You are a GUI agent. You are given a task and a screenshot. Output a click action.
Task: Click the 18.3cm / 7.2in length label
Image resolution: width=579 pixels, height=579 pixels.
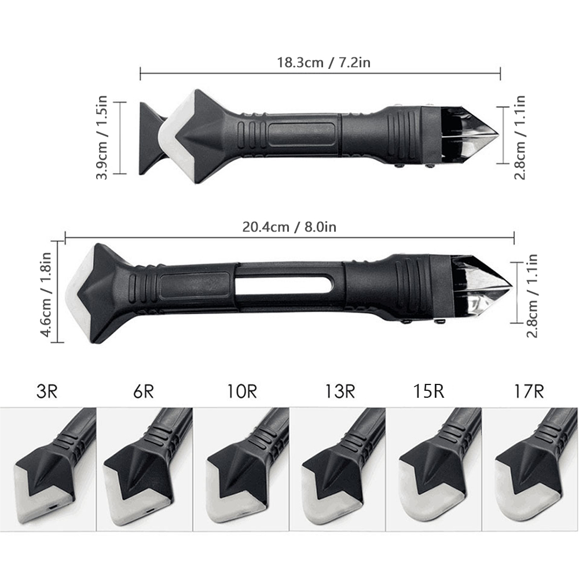[x=324, y=63]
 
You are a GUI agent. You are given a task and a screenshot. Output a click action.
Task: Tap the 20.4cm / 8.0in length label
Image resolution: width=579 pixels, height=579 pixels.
[x=289, y=227]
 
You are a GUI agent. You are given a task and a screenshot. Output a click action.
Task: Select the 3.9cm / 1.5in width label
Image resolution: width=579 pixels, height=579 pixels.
[x=101, y=137]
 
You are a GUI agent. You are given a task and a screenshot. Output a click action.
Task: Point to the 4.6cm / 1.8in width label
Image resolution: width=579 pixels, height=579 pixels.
[x=46, y=294]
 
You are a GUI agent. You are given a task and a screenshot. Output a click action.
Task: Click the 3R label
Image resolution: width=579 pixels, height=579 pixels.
[x=47, y=391]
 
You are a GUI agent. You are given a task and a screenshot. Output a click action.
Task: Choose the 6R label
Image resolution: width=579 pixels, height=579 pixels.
[x=143, y=391]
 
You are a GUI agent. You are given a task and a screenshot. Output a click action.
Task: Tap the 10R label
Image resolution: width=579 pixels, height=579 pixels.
[x=241, y=391]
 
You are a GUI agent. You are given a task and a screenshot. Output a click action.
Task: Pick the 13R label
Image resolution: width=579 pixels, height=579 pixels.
[x=340, y=391]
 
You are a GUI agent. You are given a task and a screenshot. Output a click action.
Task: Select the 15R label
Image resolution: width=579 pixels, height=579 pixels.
[x=428, y=391]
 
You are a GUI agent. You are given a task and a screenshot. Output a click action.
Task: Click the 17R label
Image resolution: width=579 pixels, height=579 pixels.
[x=529, y=391]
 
